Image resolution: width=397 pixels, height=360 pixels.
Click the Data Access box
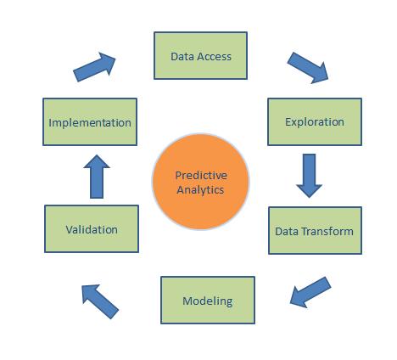[200, 56]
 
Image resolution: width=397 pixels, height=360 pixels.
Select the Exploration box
[315, 121]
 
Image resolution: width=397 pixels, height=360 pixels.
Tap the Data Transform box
[314, 230]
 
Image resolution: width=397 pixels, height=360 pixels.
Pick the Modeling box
[208, 300]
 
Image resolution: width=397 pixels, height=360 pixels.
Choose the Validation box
[91, 228]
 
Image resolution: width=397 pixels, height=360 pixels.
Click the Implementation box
[90, 122]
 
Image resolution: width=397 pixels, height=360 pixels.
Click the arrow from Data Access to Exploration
[308, 67]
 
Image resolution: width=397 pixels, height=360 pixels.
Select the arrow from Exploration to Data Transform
[310, 174]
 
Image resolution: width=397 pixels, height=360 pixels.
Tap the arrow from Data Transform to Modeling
[310, 290]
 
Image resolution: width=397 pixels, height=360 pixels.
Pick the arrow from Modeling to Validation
[100, 301]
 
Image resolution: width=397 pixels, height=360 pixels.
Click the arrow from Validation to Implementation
[98, 176]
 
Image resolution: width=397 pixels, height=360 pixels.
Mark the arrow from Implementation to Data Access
[94, 67]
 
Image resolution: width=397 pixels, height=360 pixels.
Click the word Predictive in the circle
[200, 175]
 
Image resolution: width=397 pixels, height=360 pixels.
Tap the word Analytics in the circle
[200, 189]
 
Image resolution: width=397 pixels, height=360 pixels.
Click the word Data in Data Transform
[287, 231]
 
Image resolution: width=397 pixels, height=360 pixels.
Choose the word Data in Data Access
[182, 57]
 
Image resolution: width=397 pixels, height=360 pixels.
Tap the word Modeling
[208, 301]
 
